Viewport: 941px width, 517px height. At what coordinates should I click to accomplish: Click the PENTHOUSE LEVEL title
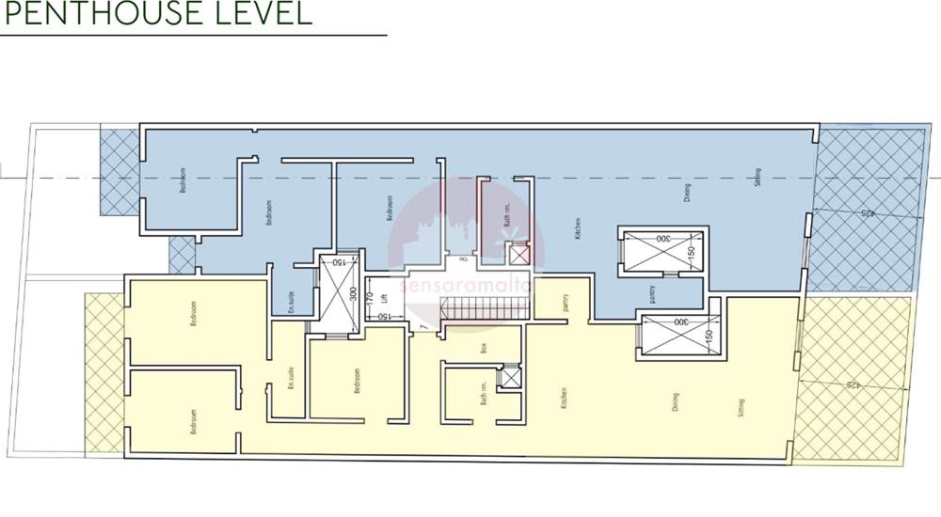click(x=154, y=14)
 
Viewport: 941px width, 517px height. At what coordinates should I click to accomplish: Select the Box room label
click(x=455, y=346)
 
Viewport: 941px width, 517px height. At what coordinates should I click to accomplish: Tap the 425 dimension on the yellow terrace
click(x=853, y=384)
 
